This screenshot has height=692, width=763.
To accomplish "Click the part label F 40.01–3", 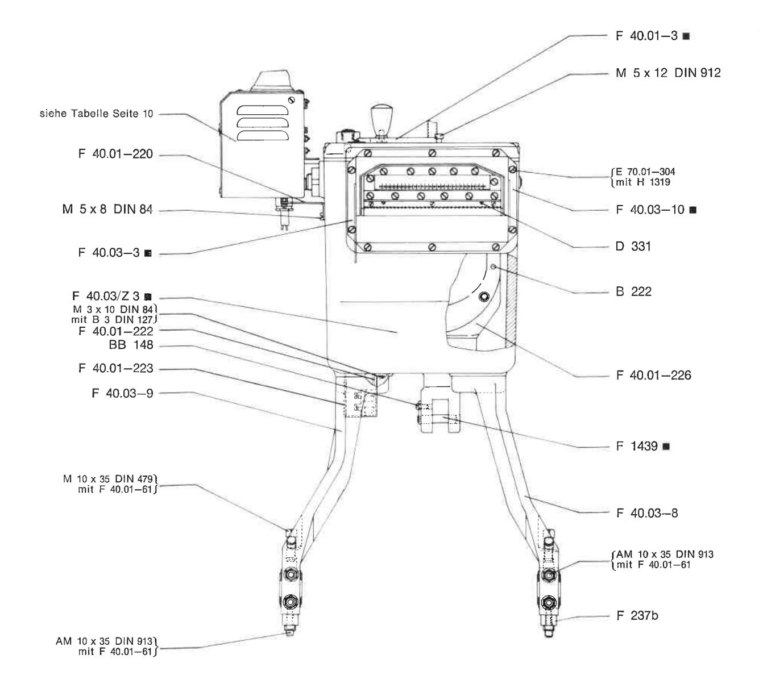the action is (646, 36).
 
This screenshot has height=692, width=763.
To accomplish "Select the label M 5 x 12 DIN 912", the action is (668, 73).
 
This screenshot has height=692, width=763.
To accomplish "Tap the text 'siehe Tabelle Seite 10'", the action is (96, 113).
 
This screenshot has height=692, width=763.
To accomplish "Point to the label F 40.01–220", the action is (115, 154).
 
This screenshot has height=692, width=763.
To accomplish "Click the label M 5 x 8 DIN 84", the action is (107, 209).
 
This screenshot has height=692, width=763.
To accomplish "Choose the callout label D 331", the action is (633, 247).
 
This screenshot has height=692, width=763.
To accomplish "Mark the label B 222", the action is (633, 291).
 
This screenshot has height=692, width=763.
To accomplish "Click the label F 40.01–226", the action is (653, 376).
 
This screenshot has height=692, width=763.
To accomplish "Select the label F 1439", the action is (637, 446).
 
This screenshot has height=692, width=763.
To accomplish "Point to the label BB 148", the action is (131, 345).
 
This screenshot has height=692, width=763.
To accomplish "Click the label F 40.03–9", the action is (122, 393).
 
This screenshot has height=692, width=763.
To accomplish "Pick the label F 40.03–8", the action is (647, 513).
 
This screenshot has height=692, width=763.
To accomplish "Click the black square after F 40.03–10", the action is (693, 210).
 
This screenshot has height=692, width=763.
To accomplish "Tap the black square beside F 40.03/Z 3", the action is (148, 297).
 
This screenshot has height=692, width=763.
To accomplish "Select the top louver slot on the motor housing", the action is (263, 110).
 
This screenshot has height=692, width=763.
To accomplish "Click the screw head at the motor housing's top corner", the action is (292, 100).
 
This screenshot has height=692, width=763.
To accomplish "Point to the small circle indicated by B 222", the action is (494, 267).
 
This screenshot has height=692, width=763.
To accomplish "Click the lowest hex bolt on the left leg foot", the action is (291, 602).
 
